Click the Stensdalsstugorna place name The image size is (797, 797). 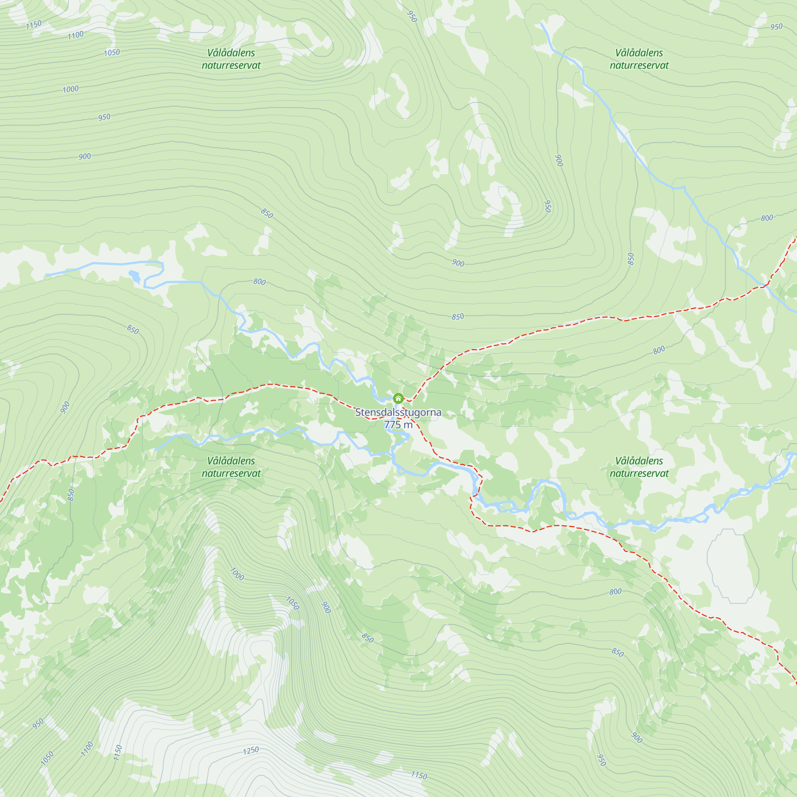click(x=398, y=412)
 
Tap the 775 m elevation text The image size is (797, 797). click(x=398, y=424)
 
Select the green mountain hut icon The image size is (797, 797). click(x=398, y=398)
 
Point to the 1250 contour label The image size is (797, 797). click(x=251, y=750)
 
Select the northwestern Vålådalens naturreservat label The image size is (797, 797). click(x=231, y=59)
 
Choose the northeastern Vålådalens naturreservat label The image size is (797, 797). click(x=639, y=59)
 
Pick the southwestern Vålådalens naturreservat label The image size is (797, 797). click(x=231, y=467)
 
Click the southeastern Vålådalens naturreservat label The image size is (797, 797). click(x=639, y=467)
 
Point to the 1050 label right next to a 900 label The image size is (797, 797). click(x=292, y=603)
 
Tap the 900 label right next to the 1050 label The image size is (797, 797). click(x=326, y=607)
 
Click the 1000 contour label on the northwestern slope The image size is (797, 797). click(x=71, y=89)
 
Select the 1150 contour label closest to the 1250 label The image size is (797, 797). click(x=419, y=775)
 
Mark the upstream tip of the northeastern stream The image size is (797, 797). click(x=542, y=24)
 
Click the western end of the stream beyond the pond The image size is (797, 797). click(x=47, y=275)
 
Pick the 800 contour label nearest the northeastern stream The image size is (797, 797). click(x=766, y=218)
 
